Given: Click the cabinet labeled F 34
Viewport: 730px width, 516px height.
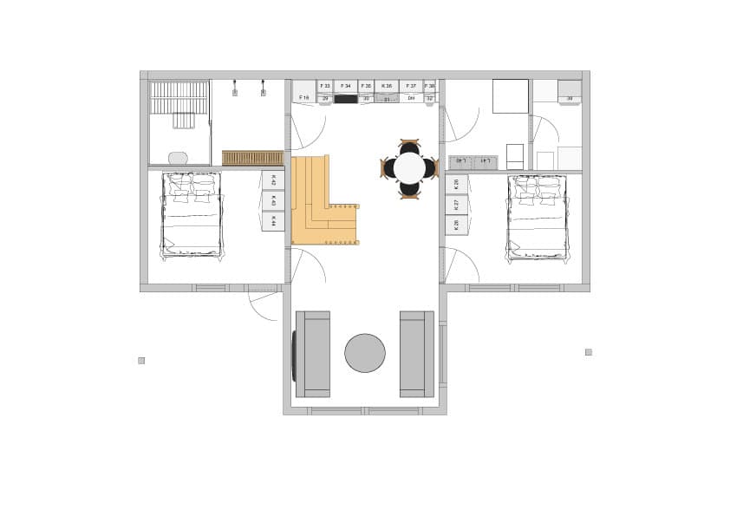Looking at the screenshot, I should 345,86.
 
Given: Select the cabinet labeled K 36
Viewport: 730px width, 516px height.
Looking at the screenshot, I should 387,86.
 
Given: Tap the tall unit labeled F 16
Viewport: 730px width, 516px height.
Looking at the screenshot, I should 303,91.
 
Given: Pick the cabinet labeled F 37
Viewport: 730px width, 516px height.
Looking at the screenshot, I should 411,86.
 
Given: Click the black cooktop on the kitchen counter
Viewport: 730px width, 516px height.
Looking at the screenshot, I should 346,99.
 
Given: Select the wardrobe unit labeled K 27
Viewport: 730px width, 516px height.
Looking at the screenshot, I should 456,205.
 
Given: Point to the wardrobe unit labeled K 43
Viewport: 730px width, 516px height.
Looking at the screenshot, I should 273,201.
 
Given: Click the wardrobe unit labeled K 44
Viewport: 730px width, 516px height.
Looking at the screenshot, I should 273,222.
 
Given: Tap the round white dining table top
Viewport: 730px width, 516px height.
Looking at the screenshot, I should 409,168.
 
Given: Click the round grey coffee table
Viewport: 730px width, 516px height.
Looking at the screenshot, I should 365,353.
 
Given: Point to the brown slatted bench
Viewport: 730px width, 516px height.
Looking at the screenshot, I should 252,158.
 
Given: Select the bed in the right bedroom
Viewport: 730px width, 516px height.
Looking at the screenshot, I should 538,217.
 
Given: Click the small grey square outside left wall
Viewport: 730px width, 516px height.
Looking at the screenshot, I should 141,360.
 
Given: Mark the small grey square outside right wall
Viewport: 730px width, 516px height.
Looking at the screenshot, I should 588,352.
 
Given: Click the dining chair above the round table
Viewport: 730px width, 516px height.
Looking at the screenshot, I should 409,146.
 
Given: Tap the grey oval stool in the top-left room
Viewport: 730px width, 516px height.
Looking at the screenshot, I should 178,158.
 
